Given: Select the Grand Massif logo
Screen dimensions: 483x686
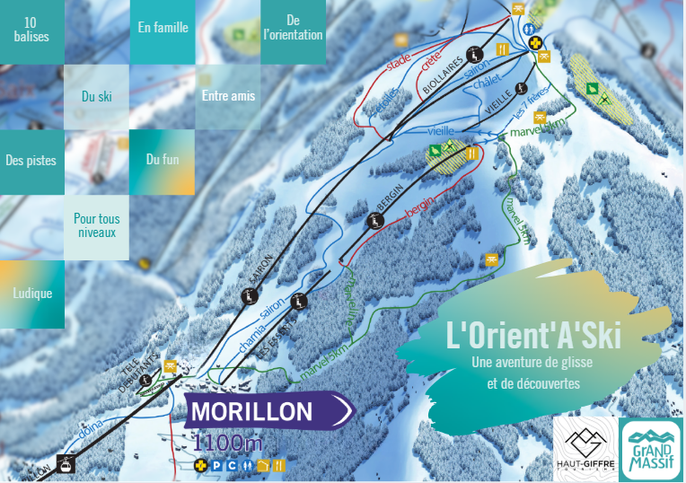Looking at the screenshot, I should pyautogui.click(x=651, y=447).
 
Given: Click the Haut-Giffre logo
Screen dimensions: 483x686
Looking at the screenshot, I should pyautogui.click(x=585, y=445).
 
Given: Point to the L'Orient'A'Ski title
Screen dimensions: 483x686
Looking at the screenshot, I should pyautogui.click(x=533, y=336).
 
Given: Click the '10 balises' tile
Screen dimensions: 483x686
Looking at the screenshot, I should pyautogui.click(x=32, y=31).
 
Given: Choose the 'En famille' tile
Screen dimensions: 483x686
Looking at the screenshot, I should pyautogui.click(x=163, y=28).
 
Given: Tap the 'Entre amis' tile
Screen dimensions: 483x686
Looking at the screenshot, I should pyautogui.click(x=228, y=96).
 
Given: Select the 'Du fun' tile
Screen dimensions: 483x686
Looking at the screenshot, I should pyautogui.click(x=162, y=160).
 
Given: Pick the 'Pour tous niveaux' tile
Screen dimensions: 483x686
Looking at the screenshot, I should pyautogui.click(x=97, y=225).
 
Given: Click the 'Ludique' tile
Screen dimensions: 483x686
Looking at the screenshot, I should pyautogui.click(x=32, y=294).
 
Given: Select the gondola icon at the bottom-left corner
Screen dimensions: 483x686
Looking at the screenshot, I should pyautogui.click(x=65, y=463).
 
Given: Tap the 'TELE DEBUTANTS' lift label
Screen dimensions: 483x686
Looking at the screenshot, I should pyautogui.click(x=141, y=367).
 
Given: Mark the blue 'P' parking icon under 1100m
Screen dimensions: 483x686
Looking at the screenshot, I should pyautogui.click(x=215, y=465).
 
